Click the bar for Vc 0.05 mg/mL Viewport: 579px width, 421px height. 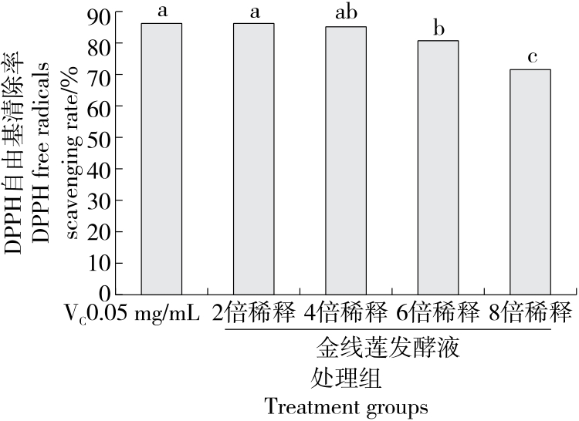(161, 159)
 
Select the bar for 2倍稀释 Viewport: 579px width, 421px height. (253, 159)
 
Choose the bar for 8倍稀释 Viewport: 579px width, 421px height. (530, 182)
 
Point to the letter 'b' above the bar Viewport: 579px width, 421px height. (438, 29)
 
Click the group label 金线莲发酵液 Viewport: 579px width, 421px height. (388, 349)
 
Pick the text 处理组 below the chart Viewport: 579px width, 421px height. (347, 379)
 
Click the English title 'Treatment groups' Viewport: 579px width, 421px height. (346, 406)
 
